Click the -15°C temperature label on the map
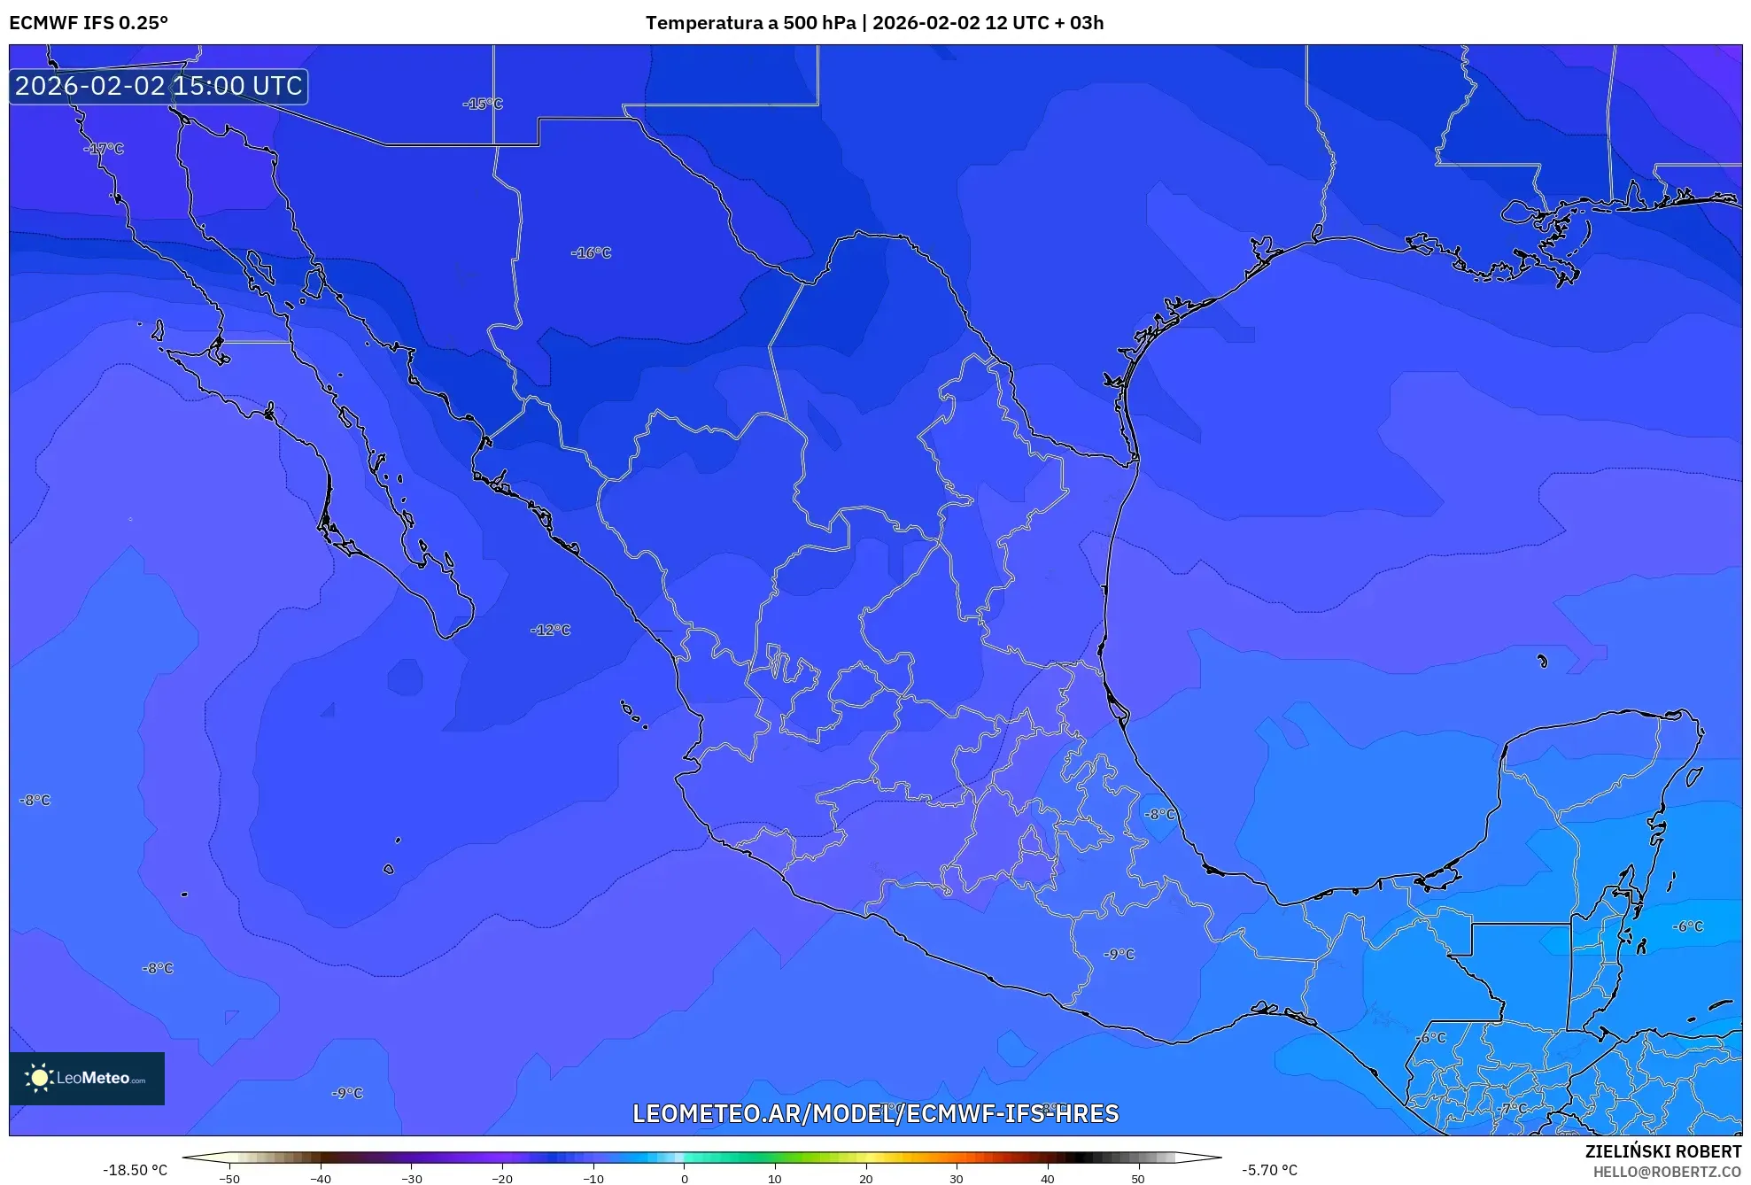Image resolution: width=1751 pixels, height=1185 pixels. pos(483,104)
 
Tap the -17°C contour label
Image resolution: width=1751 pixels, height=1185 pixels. pos(104,149)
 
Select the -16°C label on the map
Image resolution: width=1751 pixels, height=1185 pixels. pos(591,253)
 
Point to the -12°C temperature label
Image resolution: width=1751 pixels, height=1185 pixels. pos(550,631)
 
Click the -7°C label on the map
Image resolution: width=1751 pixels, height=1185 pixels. pos(1513,1108)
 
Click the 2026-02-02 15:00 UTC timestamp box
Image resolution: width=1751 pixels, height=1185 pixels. pos(159,86)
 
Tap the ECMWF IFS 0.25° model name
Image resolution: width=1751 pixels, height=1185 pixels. pos(89,23)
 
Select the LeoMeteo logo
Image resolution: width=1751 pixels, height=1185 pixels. pos(87,1078)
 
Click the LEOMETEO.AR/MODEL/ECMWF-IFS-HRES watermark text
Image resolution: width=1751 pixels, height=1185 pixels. pos(875,1113)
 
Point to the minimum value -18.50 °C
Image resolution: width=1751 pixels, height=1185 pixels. pos(135,1170)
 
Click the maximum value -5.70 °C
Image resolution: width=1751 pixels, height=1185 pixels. pos(1269,1170)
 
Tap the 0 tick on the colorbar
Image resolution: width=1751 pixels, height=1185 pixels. pos(684,1179)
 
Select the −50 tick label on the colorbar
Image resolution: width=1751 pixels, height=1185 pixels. pos(229,1179)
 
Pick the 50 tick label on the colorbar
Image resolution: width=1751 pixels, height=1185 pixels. pos(1137,1179)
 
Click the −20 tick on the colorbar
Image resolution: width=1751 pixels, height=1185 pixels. pos(502,1179)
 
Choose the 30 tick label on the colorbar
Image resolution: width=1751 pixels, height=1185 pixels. pos(956,1179)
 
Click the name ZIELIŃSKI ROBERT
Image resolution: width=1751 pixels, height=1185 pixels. pos(1662,1151)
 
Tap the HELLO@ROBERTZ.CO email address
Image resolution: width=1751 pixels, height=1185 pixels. pos(1667,1172)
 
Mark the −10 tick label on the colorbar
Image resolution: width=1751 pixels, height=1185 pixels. pos(593,1179)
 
